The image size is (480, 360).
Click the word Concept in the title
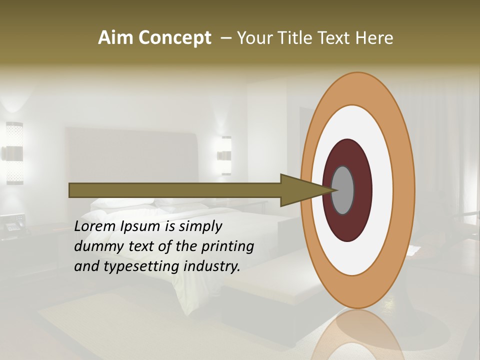(x=175, y=38)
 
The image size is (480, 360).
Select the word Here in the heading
(x=374, y=38)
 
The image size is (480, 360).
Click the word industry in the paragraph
(x=212, y=266)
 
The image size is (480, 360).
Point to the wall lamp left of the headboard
(x=14, y=152)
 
